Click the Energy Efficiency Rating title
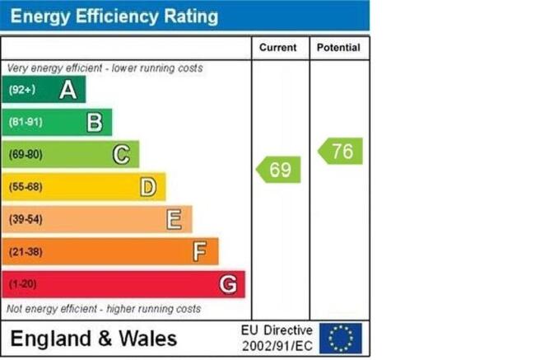pyautogui.click(x=114, y=16)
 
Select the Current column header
pyautogui.click(x=277, y=48)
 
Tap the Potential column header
pyautogui.click(x=338, y=48)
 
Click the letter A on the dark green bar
pyautogui.click(x=67, y=90)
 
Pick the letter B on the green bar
pyautogui.click(x=95, y=123)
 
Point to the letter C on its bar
pyautogui.click(x=121, y=154)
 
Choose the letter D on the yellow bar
pyautogui.click(x=147, y=187)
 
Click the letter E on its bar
pyautogui.click(x=174, y=219)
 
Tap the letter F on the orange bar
pyautogui.click(x=200, y=251)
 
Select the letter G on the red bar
pyautogui.click(x=228, y=284)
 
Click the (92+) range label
pyautogui.click(x=22, y=90)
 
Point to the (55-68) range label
pyautogui.click(x=26, y=187)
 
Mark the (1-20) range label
pyautogui.click(x=24, y=284)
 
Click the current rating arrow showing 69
pyautogui.click(x=278, y=170)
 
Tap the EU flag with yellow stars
pyautogui.click(x=340, y=338)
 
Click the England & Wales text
pyautogui.click(x=93, y=338)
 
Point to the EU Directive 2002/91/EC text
pyautogui.click(x=277, y=338)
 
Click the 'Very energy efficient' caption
pyautogui.click(x=105, y=68)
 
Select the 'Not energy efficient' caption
pyautogui.click(x=104, y=309)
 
